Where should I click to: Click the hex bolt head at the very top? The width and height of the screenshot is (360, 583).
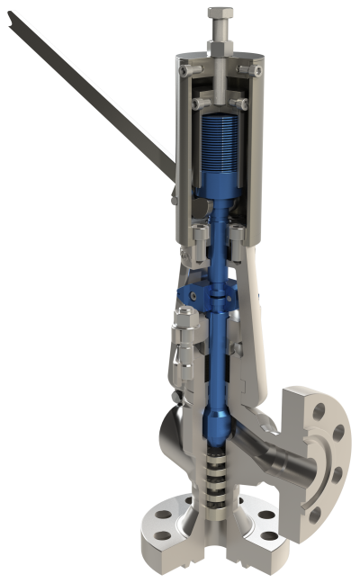pos(220,13)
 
